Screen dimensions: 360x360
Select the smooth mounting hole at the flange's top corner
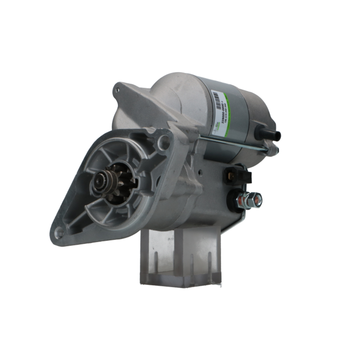164,142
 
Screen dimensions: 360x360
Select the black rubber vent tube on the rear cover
269,134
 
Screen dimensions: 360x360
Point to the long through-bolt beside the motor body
234,142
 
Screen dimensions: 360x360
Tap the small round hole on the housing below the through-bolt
197,168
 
